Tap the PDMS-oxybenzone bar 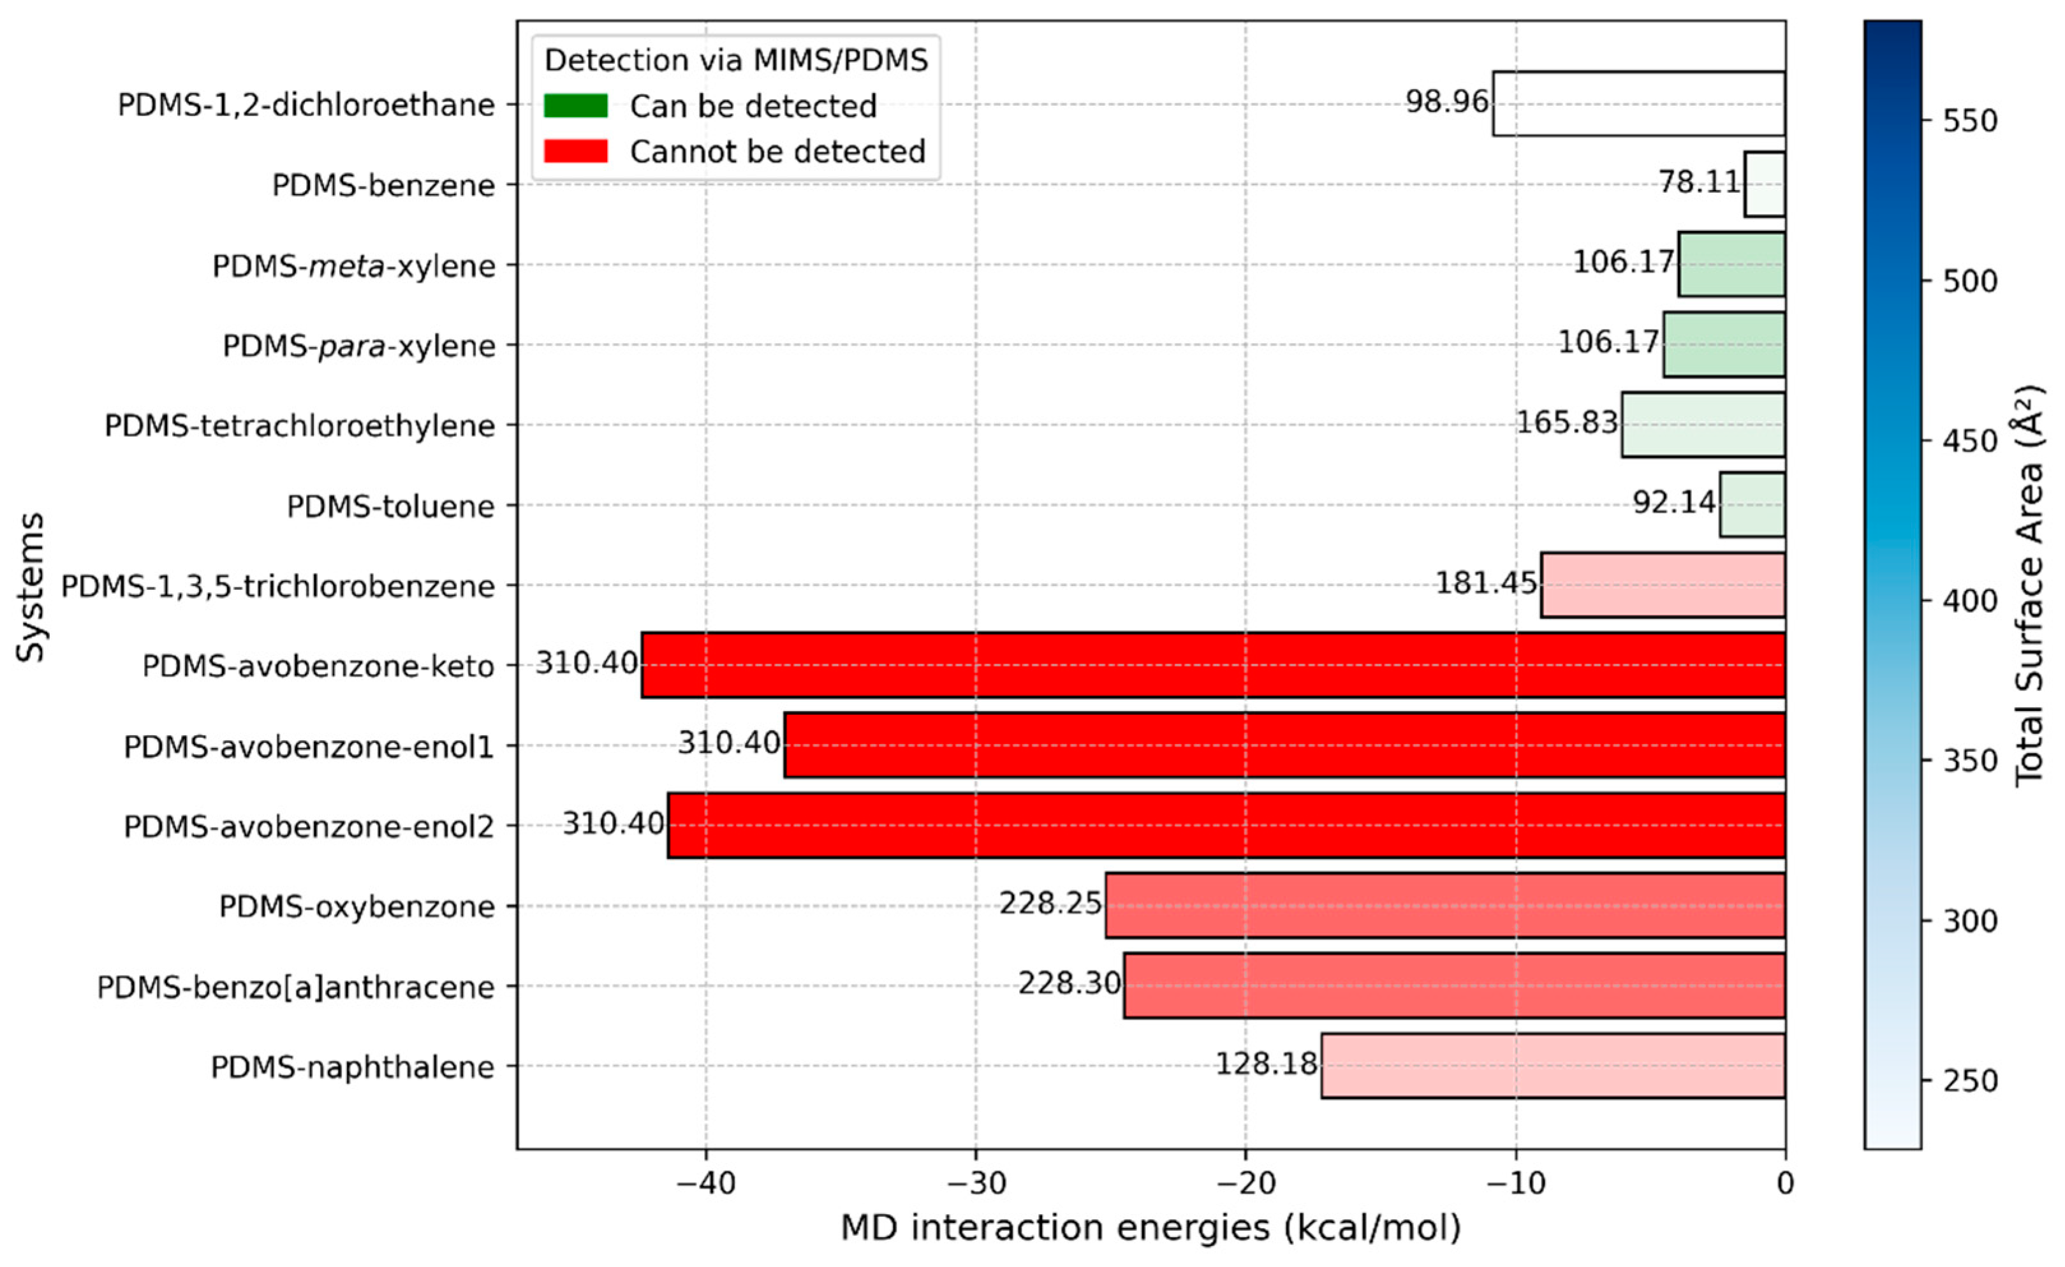click(x=1445, y=905)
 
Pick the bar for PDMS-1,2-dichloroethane click(x=1638, y=103)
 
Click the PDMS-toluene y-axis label click(x=390, y=506)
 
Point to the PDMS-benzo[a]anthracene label click(x=296, y=987)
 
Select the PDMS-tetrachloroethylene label click(x=299, y=426)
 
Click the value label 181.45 click(x=1487, y=582)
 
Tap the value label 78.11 click(x=1700, y=182)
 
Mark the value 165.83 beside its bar click(x=1567, y=421)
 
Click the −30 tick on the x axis click(x=976, y=1183)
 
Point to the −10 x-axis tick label click(x=1515, y=1183)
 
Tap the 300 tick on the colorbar click(x=1969, y=921)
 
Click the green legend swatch click(x=576, y=106)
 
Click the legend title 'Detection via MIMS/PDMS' click(x=736, y=61)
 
